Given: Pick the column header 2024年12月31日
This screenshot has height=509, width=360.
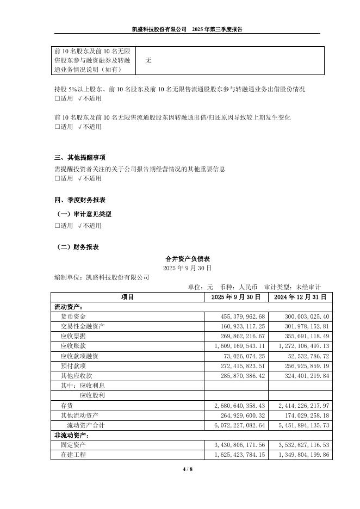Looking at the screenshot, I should tap(300, 297).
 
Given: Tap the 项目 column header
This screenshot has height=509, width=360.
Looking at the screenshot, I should tap(127, 297).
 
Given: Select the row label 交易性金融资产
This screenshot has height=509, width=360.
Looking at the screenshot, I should tap(83, 326).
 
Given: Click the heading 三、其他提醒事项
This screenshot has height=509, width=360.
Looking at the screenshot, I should tap(80, 158).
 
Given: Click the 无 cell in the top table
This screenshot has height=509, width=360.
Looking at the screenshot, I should tap(148, 61).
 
